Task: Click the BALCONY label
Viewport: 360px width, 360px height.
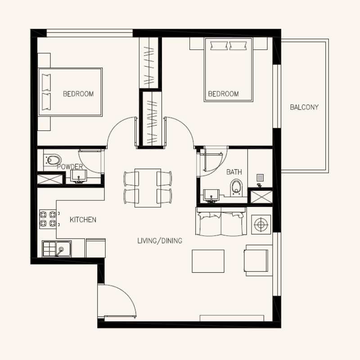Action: (304, 107)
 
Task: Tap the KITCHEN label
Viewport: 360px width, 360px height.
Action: (83, 220)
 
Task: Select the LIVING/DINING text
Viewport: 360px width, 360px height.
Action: (160, 241)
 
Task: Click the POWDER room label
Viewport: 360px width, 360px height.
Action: (70, 167)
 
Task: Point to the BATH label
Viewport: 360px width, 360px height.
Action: (234, 172)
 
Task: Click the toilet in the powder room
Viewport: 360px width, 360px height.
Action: (53, 159)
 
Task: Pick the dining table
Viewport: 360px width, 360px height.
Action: (148, 188)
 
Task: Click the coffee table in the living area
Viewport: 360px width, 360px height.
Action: (208, 261)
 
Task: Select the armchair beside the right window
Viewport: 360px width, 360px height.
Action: (257, 259)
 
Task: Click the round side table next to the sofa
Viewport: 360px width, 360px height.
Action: (261, 224)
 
